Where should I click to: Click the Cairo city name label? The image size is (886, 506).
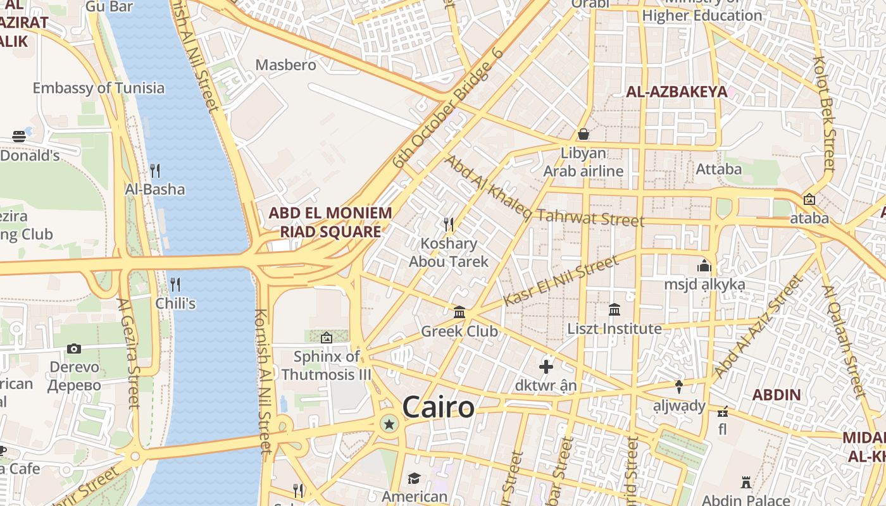coord(438,407)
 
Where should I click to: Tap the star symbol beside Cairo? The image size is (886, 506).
coord(389,424)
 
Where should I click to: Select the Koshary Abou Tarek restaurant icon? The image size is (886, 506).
coord(449,225)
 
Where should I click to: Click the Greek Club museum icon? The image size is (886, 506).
coord(459,312)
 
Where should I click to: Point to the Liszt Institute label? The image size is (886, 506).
coord(615,329)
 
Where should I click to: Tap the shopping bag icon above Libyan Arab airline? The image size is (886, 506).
coord(583,134)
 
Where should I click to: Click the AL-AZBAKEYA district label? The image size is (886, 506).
coord(677,92)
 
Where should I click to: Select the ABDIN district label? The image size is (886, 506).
coord(777,395)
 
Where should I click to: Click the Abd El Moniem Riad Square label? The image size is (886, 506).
coord(330,222)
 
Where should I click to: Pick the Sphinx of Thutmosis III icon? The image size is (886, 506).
coord(327,338)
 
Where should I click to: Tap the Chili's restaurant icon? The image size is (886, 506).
coord(175,284)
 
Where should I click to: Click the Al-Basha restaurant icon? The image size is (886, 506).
coord(155,170)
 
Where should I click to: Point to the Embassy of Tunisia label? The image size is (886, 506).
coord(99,88)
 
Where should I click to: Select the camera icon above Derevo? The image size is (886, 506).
coord(74,349)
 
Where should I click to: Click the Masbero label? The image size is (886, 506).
coord(285,65)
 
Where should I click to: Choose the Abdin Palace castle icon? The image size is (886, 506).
coord(746,483)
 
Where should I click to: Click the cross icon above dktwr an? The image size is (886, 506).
coord(546,366)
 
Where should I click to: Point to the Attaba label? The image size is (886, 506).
coord(718,169)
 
